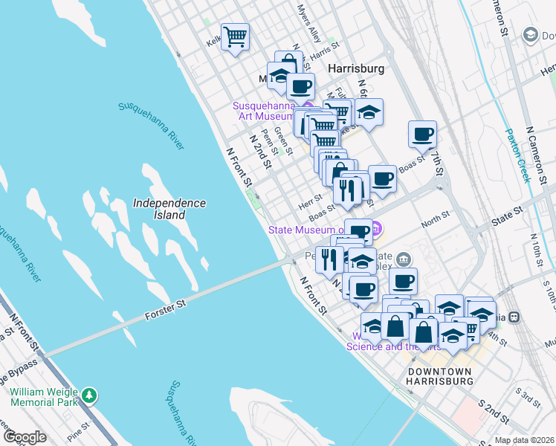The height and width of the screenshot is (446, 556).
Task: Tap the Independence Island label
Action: [x=169, y=208]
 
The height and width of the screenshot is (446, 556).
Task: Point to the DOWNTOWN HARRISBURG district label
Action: [x=440, y=375]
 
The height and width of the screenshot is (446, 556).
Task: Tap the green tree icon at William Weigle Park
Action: [x=90, y=393]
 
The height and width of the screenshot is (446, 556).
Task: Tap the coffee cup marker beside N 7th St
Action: [x=422, y=135]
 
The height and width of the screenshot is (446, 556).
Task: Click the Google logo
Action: [x=25, y=437]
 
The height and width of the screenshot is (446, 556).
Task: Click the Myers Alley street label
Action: [x=307, y=25]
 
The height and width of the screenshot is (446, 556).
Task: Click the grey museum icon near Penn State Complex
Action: [x=403, y=259]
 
